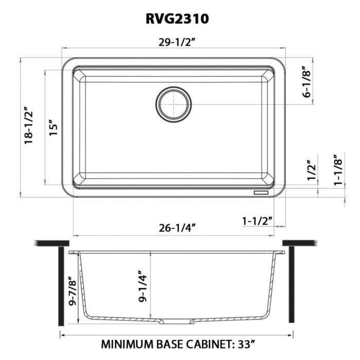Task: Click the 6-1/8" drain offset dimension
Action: pyautogui.click(x=307, y=81)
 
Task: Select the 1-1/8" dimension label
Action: pyautogui.click(x=338, y=170)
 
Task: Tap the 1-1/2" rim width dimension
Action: pyautogui.click(x=257, y=221)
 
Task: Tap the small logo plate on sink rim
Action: pyautogui.click(x=261, y=192)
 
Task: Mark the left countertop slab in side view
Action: pyautogui.click(x=51, y=243)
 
